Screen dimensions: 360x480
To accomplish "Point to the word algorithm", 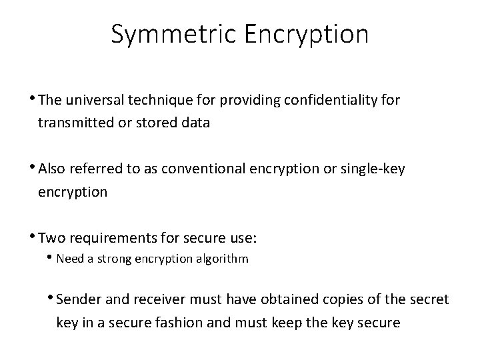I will [225, 258].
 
